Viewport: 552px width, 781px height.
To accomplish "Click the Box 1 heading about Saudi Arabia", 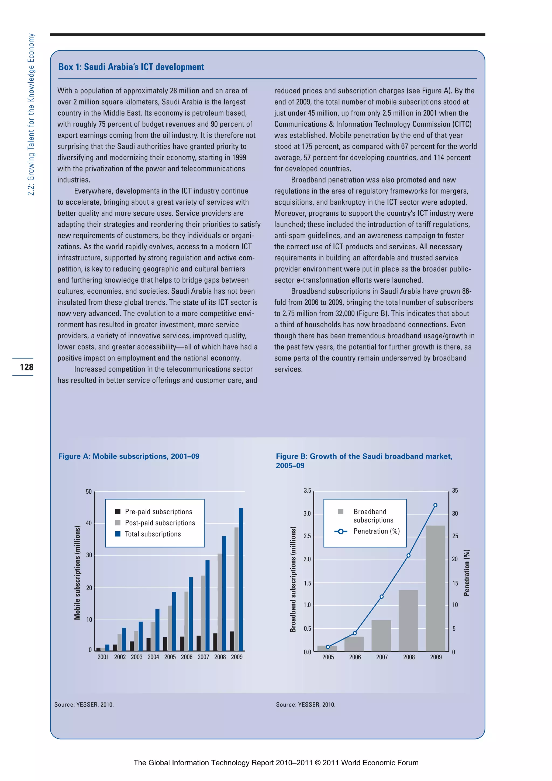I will tap(131, 67).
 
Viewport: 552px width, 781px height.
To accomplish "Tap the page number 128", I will tap(26, 367).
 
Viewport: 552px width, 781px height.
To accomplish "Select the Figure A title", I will tap(129, 456).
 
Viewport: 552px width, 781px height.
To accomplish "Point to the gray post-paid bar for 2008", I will tap(220, 602).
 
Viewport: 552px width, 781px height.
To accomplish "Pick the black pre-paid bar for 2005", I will tap(165, 644).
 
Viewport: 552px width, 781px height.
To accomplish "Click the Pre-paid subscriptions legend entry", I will tap(158, 512).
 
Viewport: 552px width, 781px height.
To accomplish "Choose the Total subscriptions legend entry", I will tap(153, 534).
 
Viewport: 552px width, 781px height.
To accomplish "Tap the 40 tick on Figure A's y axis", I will tap(89, 523).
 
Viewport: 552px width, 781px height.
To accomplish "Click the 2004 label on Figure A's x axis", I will tap(153, 657).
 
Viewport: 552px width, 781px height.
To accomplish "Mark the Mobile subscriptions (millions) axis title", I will tap(78, 573).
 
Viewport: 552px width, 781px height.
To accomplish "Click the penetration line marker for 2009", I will tap(435, 505).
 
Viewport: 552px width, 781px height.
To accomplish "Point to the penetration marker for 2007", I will tap(381, 596).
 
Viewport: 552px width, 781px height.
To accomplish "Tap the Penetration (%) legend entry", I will tap(376, 531).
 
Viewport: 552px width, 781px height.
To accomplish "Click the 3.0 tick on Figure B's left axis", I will tap(307, 514).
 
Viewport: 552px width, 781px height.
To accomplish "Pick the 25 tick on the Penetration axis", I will tap(455, 536).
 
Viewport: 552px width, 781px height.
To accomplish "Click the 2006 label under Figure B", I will tap(355, 657).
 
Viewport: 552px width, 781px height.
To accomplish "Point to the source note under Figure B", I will tap(305, 704).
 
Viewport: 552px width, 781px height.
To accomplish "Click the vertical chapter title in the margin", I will tap(31, 114).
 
